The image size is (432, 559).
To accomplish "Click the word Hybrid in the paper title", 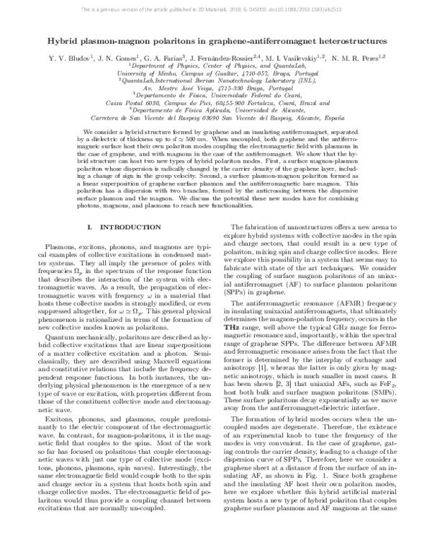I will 61,43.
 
